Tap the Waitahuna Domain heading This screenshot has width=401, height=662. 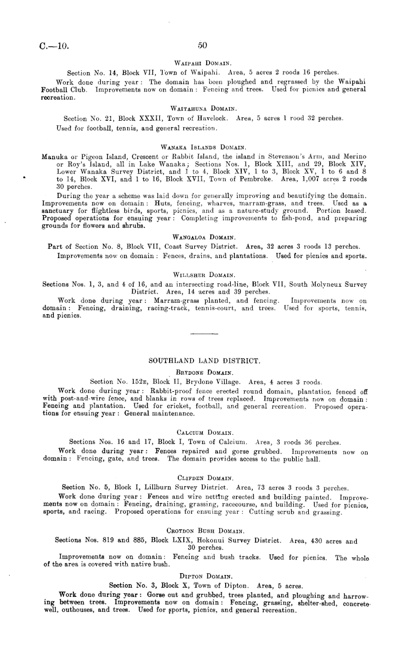pyautogui.click(x=200, y=109)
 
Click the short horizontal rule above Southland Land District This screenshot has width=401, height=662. pyautogui.click(x=200, y=335)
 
